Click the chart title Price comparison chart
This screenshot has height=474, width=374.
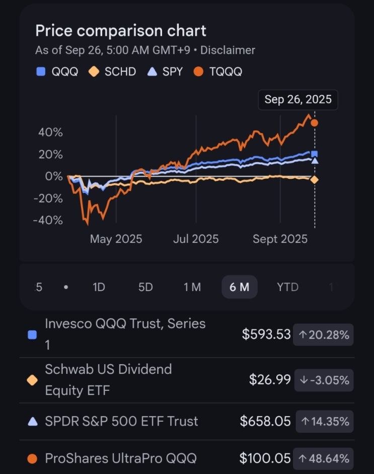pos(121,31)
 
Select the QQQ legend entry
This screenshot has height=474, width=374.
pos(58,72)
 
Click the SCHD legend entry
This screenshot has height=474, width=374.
pos(113,72)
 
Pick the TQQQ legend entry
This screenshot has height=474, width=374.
pos(218,72)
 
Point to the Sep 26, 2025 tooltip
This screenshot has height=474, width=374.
pos(298,100)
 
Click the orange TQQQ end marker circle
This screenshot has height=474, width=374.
pos(315,123)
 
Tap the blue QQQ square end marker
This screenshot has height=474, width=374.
pos(315,154)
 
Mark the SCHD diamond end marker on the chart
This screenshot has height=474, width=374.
pos(315,180)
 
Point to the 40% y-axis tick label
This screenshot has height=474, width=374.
pos(50,132)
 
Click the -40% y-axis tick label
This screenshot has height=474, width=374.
pos(48,220)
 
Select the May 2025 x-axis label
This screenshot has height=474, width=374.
pos(116,239)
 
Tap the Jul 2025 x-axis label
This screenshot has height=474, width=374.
pos(196,239)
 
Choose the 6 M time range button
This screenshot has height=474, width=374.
pos(239,287)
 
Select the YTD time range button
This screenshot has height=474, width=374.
pos(287,287)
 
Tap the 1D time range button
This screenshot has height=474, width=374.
pos(99,287)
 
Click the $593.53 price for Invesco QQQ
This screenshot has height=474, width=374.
pos(266,334)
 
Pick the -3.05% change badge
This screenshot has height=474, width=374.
pos(324,380)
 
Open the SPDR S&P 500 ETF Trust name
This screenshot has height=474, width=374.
pos(121,421)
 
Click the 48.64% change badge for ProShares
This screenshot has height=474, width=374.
pos(324,458)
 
